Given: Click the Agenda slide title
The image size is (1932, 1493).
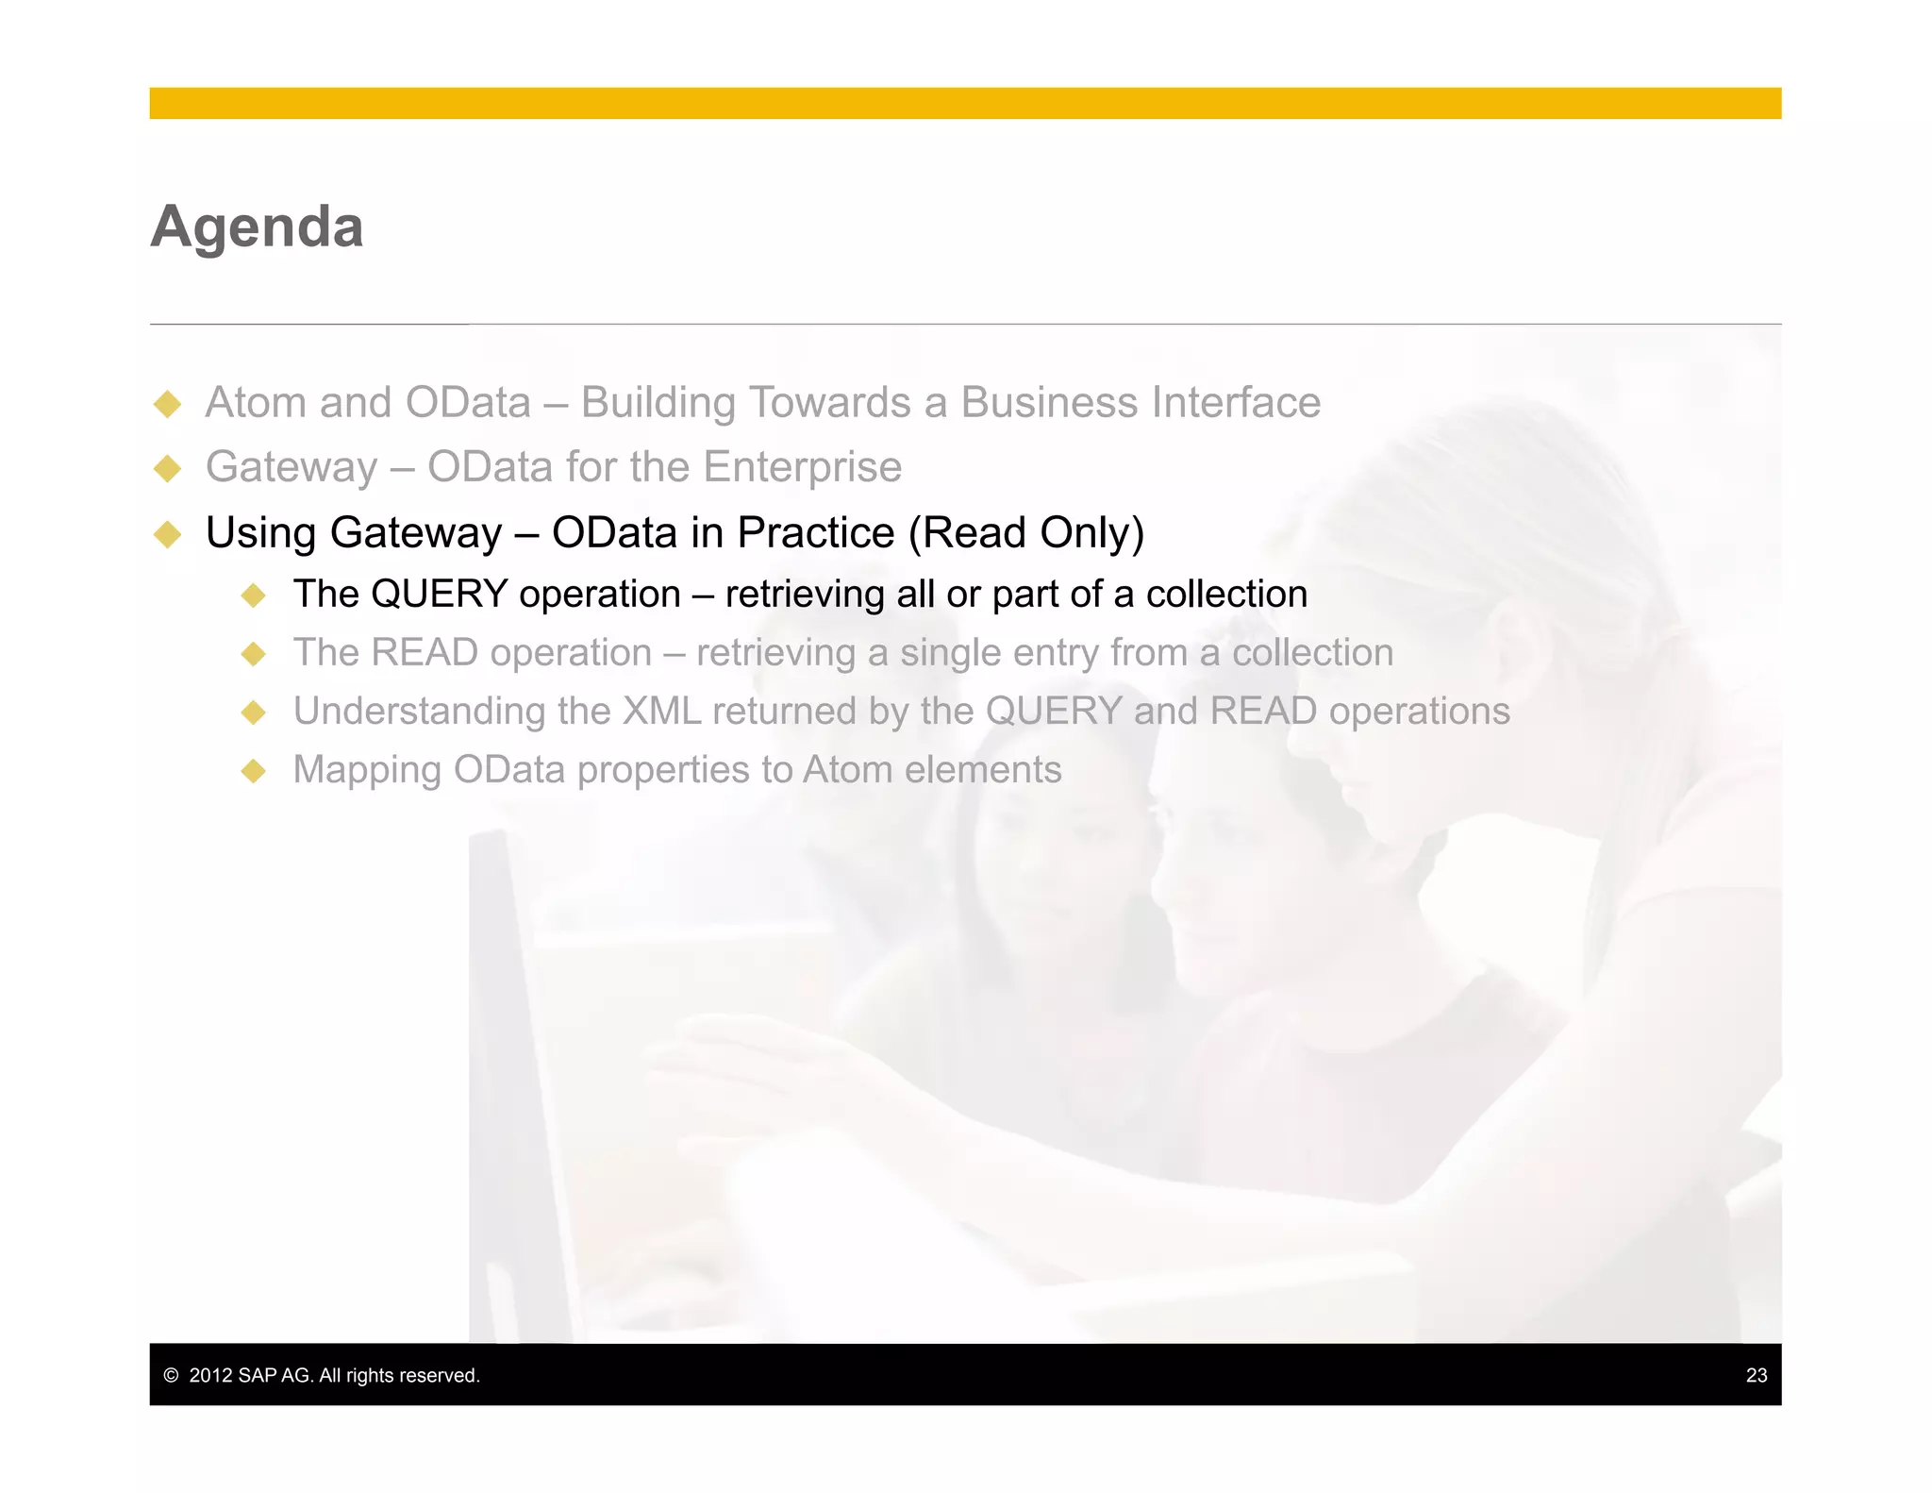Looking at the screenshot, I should coord(257,227).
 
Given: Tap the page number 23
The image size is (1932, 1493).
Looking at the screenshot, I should coord(1756,1375).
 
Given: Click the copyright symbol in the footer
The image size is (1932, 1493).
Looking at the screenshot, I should coord(171,1375).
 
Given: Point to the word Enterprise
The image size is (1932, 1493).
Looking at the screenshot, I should coord(802,467).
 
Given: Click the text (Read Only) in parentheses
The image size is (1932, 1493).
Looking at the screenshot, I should coord(1026,533).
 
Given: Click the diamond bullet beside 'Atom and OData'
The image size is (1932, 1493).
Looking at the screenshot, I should coord(168,404).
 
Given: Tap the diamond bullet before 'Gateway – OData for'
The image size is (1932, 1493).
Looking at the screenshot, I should coord(168,468).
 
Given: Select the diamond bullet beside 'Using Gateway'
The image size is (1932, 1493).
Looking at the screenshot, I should coord(168,534).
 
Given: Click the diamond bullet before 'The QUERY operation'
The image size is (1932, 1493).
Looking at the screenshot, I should coord(254,596).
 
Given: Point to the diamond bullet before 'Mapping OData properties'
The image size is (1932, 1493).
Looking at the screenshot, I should coord(254,771).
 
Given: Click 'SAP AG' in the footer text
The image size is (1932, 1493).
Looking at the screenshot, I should coord(274,1375).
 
